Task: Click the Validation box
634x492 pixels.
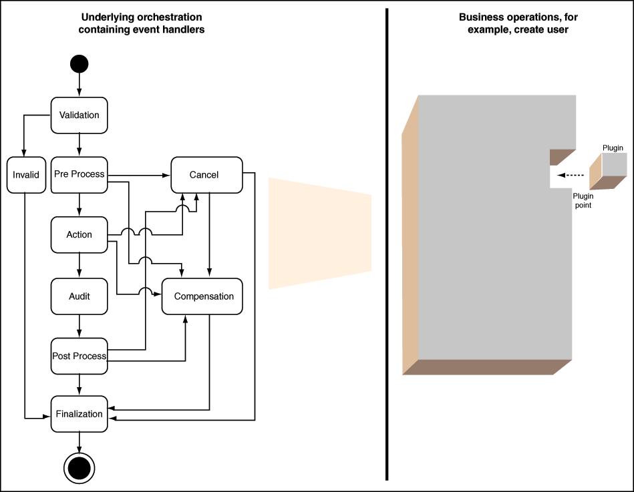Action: click(80, 115)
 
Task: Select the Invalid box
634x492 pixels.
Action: click(26, 175)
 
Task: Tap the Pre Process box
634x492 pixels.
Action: click(80, 175)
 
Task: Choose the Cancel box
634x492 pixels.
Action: click(206, 175)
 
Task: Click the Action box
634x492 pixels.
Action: click(80, 235)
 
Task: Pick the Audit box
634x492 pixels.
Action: click(80, 296)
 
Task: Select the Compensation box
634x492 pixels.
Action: click(202, 296)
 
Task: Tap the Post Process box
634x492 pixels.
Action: click(80, 356)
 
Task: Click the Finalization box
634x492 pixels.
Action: click(80, 414)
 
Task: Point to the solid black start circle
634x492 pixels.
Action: click(80, 64)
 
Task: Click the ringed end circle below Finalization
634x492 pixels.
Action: click(80, 468)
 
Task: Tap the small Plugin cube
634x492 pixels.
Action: click(608, 172)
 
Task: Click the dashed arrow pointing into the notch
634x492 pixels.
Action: click(571, 176)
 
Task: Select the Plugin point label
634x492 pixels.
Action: click(583, 200)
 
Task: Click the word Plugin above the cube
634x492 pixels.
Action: click(613, 148)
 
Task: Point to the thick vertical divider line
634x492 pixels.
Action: click(387, 244)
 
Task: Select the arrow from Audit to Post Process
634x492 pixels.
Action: click(80, 326)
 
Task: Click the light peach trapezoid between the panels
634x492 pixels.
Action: click(320, 234)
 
